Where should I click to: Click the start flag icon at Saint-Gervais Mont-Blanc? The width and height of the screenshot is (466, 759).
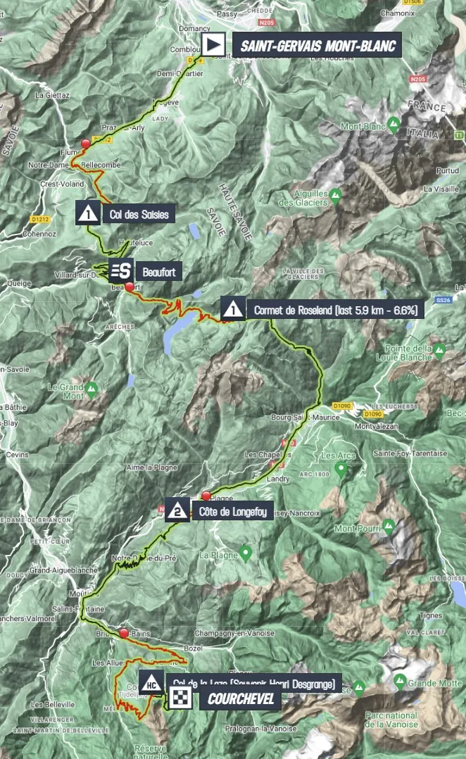coord(211,45)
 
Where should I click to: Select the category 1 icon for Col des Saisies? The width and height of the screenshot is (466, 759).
coord(89,212)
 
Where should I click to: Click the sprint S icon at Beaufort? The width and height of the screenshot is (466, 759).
coord(121,270)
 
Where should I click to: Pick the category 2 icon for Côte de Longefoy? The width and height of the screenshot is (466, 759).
coord(177,510)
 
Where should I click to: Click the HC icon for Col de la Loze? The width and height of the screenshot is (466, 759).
coord(151,683)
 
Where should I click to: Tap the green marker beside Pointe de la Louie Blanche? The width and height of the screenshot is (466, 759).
coord(439,349)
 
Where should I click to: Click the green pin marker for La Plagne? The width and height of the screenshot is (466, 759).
coord(245,553)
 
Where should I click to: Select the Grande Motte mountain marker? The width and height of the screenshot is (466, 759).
coord(400,680)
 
